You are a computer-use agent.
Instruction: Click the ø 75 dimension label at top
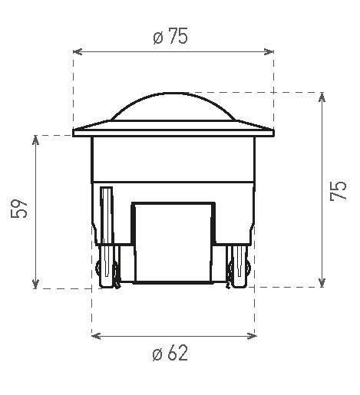tap(170, 37)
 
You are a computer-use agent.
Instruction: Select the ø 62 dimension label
tap(170, 354)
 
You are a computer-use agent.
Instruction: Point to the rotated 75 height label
tap(339, 191)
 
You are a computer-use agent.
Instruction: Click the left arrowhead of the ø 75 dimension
tap(77, 52)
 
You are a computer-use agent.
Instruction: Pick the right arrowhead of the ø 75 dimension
tap(269, 52)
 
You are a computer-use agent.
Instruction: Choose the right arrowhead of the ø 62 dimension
tap(253, 335)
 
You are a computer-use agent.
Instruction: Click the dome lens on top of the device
tap(173, 107)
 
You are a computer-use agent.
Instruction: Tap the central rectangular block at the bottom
tap(173, 242)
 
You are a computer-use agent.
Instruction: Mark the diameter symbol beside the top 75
tap(157, 38)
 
